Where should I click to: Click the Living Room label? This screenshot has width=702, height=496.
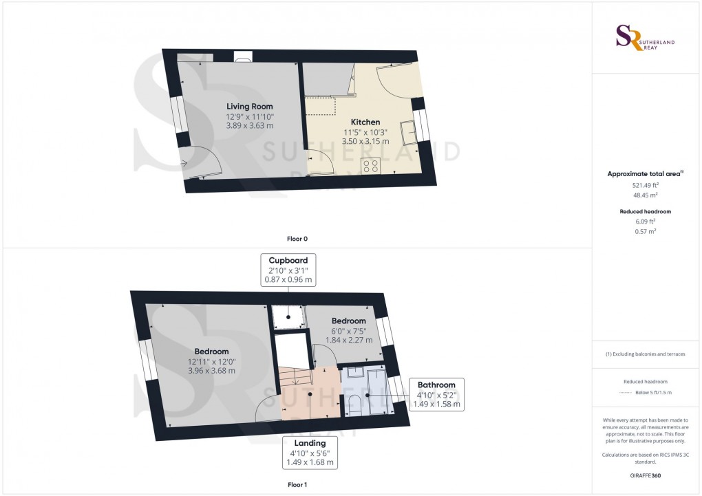(x=250, y=107)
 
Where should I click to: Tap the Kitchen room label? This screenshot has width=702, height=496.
(x=365, y=122)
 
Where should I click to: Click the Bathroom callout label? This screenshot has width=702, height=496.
(x=436, y=385)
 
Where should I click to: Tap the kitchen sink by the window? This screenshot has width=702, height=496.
(x=409, y=129)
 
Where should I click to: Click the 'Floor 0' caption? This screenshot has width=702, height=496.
(x=297, y=239)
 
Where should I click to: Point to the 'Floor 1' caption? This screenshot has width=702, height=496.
(x=297, y=485)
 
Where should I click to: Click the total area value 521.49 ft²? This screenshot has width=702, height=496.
(x=645, y=185)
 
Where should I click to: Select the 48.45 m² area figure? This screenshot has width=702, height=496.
(x=645, y=195)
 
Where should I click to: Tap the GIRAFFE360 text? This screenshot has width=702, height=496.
(x=645, y=475)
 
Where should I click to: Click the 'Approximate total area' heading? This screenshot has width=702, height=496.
(x=643, y=174)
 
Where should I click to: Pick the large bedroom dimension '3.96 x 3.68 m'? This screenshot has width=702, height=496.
(x=211, y=370)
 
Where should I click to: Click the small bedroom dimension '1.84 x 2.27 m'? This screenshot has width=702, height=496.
(x=348, y=340)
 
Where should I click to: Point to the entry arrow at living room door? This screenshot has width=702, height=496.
(x=184, y=163)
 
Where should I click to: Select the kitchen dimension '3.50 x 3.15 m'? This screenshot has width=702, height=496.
(x=365, y=141)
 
